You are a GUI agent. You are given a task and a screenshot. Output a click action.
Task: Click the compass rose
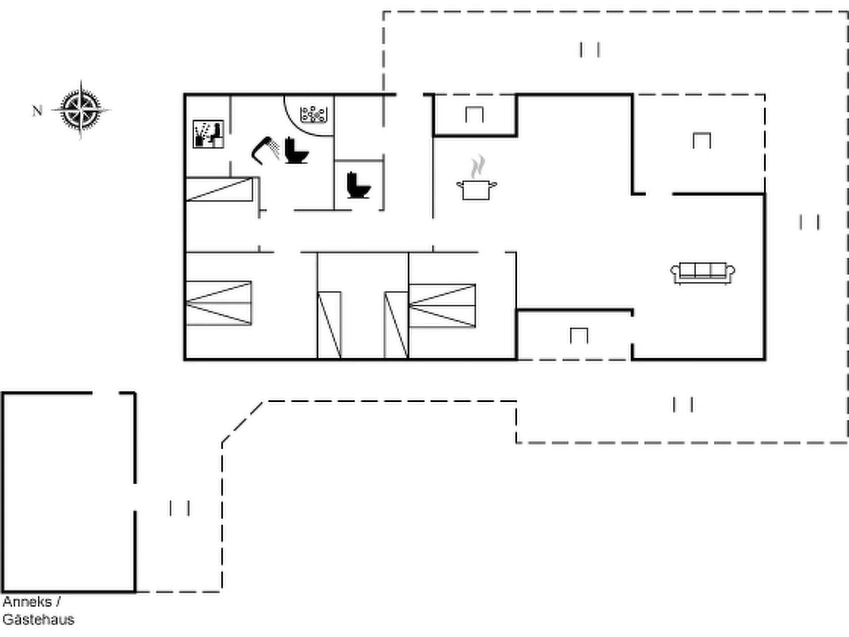click(x=81, y=110)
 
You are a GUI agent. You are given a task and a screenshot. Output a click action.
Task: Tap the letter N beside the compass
click(x=37, y=111)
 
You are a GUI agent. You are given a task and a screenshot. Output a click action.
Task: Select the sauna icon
click(x=209, y=134)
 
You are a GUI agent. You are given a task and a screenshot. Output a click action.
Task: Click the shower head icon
click(x=265, y=150)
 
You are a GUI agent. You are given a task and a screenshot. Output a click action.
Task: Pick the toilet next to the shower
click(x=296, y=150)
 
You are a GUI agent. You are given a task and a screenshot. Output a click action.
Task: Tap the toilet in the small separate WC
click(x=359, y=185)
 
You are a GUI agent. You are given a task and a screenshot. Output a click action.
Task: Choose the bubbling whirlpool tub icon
click(x=314, y=115)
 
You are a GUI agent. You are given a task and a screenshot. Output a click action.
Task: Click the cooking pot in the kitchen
click(x=477, y=190)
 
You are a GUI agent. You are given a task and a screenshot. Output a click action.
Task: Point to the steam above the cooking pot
click(x=478, y=166)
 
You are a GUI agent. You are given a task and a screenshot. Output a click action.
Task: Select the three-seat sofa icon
click(x=703, y=273)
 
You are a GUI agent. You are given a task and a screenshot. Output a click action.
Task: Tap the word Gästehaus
click(x=38, y=620)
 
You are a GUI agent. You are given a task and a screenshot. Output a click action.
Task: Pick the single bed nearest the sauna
click(x=219, y=189)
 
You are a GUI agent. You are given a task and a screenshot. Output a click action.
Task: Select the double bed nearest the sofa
click(x=443, y=306)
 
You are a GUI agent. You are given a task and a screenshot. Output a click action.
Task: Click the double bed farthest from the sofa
click(x=219, y=303)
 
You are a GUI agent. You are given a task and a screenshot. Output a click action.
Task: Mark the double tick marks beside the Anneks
click(x=179, y=508)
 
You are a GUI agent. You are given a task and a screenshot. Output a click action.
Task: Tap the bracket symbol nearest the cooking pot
click(x=474, y=115)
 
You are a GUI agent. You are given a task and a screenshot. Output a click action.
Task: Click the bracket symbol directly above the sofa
click(x=701, y=141)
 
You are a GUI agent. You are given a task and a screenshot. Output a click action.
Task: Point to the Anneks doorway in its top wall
click(x=106, y=393)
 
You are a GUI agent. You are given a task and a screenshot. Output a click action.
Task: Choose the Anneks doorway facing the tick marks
click(x=135, y=497)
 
